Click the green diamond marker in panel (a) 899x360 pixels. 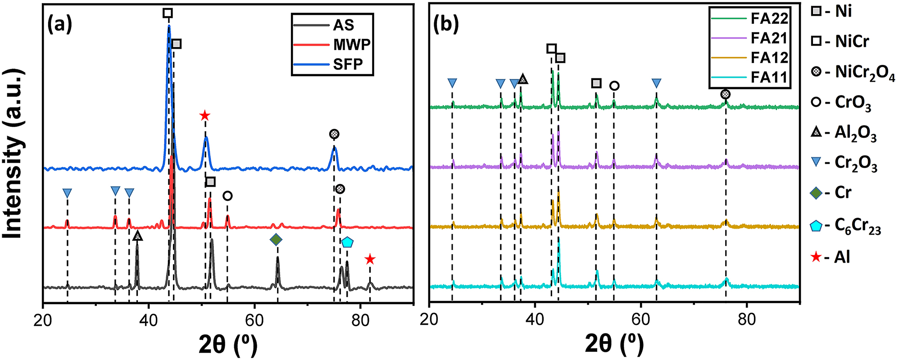click(276, 240)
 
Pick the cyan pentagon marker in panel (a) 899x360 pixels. click(347, 242)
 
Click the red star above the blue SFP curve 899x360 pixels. click(204, 116)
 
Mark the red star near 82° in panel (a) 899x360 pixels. click(370, 259)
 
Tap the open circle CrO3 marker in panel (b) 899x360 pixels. click(614, 86)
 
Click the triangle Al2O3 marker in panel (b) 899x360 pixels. click(522, 79)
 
